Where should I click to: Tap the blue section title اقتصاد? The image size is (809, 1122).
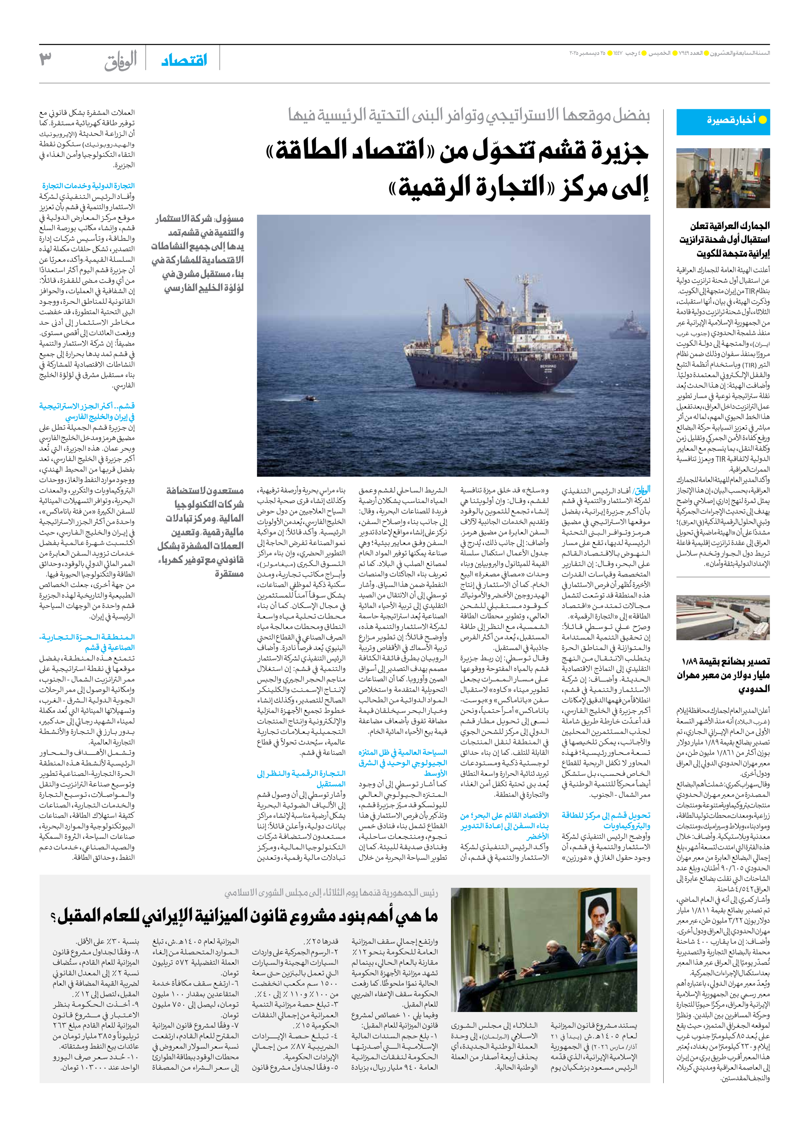point(184,61)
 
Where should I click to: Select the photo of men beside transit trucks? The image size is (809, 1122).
point(723,178)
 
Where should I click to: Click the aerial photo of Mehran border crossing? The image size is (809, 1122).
point(723,617)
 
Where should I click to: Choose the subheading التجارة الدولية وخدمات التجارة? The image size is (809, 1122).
point(88,186)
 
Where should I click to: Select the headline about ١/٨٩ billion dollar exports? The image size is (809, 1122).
point(723,675)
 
